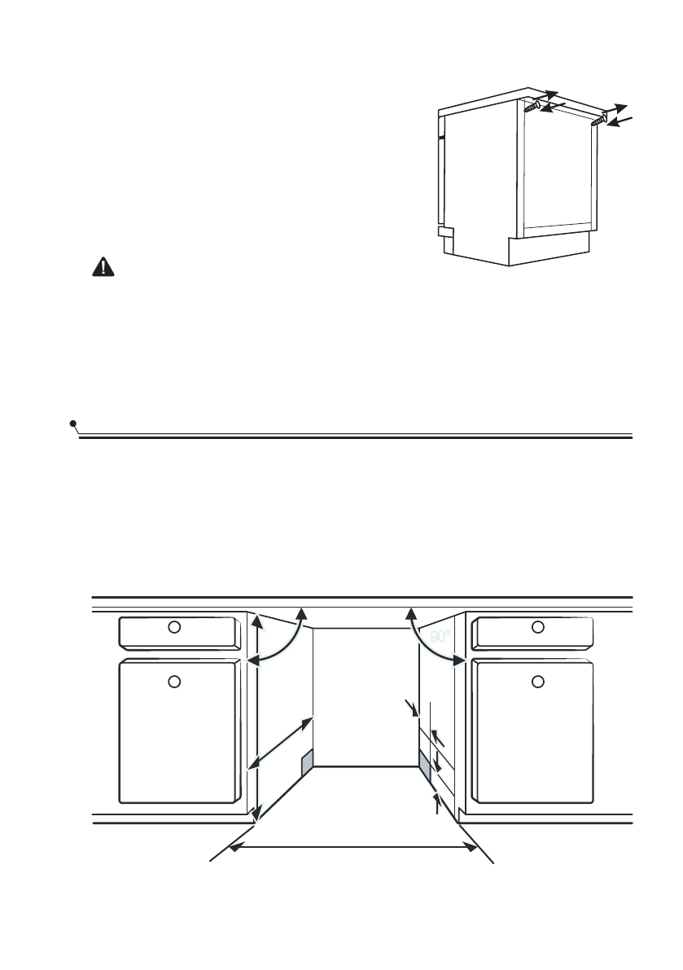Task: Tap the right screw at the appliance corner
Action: tap(599, 120)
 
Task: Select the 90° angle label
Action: tap(440, 637)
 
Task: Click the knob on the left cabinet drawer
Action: tap(173, 627)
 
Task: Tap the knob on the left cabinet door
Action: tap(173, 680)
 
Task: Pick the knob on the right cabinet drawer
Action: tap(537, 627)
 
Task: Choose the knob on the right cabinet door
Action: tap(537, 680)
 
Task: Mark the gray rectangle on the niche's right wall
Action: tap(424, 764)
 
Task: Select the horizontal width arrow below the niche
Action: tap(353, 848)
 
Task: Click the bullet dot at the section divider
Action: tap(73, 424)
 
